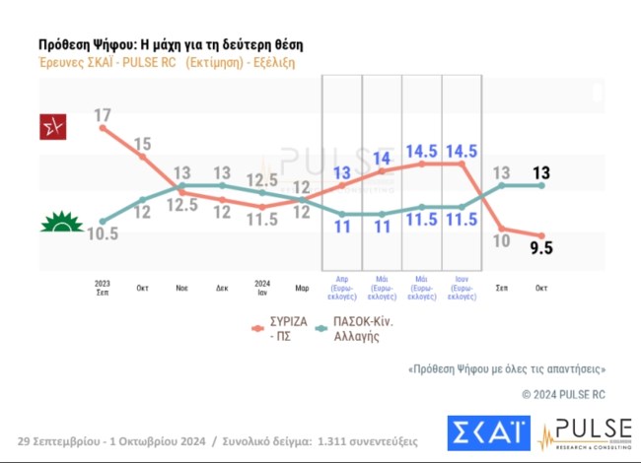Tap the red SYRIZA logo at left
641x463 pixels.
pyautogui.click(x=51, y=128)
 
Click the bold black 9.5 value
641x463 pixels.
pyautogui.click(x=540, y=248)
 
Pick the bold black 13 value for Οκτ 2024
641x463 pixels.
pyautogui.click(x=540, y=173)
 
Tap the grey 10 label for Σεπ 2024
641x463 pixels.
pyautogui.click(x=502, y=240)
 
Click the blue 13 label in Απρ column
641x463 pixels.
pyautogui.click(x=341, y=174)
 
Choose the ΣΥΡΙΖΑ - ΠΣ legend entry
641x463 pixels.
pyautogui.click(x=282, y=328)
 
